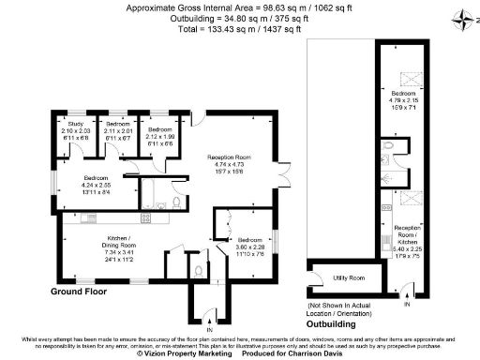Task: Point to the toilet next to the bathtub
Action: [x=177, y=203]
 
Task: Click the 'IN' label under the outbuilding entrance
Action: [x=406, y=305]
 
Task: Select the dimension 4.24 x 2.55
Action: [x=97, y=184]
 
